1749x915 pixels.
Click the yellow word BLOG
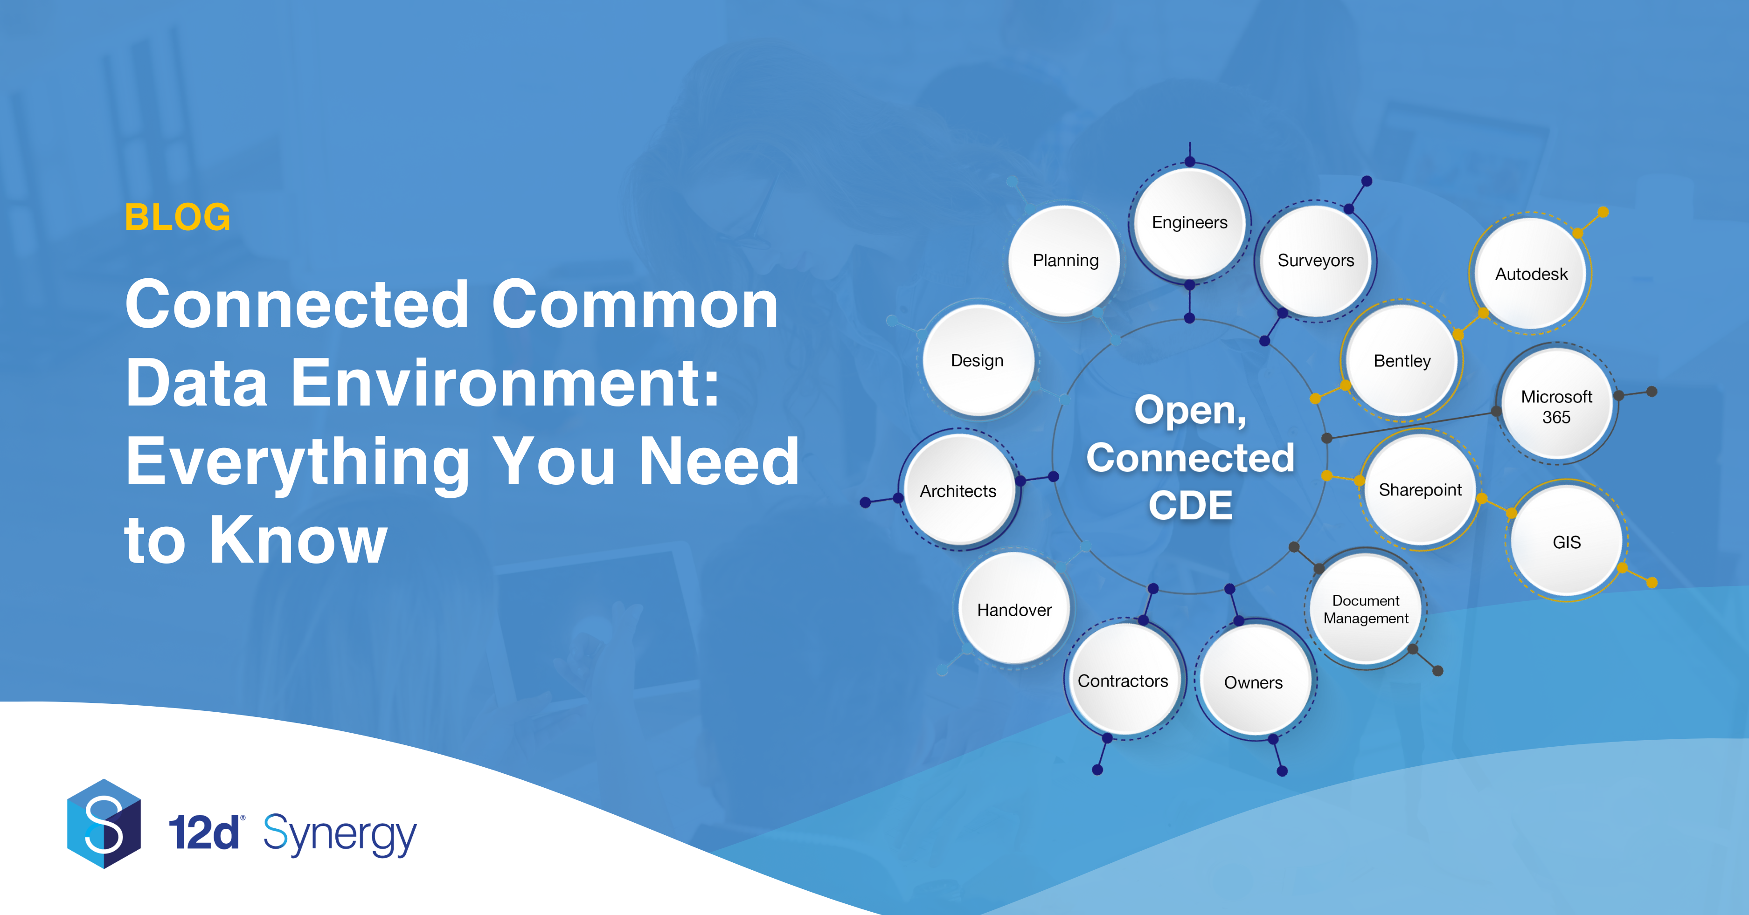click(178, 217)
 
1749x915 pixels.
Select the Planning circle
click(1065, 261)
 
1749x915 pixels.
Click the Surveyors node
click(1316, 261)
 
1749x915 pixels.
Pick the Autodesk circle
click(1531, 274)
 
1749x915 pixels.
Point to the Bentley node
click(1402, 360)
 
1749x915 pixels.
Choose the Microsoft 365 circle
click(1556, 406)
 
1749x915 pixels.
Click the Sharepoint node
click(1420, 489)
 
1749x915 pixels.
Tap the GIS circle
click(1566, 542)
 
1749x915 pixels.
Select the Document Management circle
click(1366, 609)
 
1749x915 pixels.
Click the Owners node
click(1253, 681)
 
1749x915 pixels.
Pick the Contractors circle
click(1124, 680)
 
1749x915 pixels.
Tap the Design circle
click(978, 360)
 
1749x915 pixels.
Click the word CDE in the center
click(1190, 506)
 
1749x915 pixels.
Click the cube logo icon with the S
click(104, 823)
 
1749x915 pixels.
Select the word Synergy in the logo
click(340, 834)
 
